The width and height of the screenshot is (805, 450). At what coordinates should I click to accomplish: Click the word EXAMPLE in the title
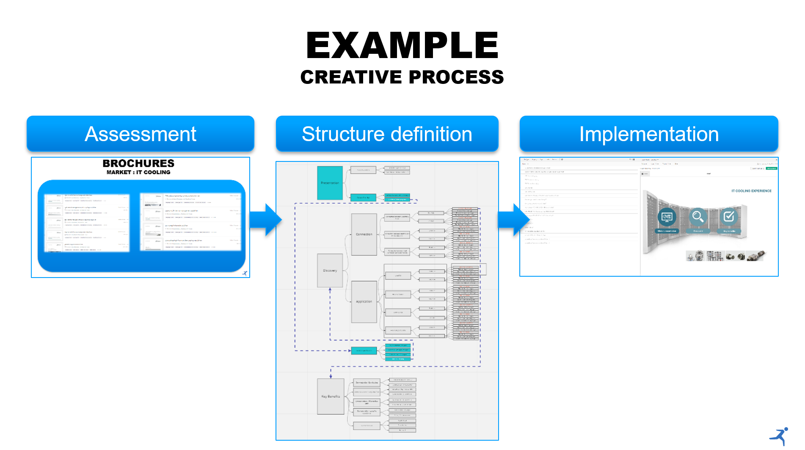(402, 45)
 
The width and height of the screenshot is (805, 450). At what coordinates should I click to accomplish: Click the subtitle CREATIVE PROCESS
(402, 77)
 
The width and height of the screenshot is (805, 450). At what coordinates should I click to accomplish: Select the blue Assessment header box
(141, 134)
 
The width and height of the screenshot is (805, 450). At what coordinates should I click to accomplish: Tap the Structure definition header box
(387, 134)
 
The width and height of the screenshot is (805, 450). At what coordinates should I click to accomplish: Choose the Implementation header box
(649, 134)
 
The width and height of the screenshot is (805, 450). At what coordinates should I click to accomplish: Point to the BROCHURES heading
(138, 164)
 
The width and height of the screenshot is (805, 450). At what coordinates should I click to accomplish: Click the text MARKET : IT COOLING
(138, 172)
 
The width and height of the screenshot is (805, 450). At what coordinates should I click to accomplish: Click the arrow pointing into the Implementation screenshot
(513, 219)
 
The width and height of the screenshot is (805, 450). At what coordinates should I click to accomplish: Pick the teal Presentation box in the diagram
(330, 183)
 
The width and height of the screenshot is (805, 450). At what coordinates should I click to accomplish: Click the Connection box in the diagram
(364, 234)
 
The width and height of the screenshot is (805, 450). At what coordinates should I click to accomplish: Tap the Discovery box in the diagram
(330, 270)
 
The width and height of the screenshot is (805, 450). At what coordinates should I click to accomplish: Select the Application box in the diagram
(364, 302)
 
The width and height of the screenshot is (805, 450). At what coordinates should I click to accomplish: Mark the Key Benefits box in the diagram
(330, 397)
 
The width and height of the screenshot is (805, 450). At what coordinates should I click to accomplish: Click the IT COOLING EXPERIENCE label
(751, 191)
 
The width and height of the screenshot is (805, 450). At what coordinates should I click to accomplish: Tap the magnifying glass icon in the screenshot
(697, 217)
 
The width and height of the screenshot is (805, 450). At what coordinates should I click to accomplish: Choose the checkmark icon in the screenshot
(729, 217)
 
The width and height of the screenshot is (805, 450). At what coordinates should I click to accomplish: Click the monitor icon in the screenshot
(667, 217)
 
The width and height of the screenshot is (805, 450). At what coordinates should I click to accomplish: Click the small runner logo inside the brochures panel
(245, 273)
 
